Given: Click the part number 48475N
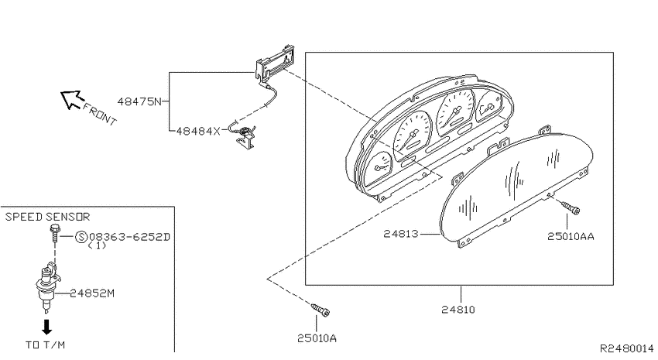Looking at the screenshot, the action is pyautogui.click(x=139, y=101).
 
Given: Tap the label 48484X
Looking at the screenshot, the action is pyautogui.click(x=198, y=132).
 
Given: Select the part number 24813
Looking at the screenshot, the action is pyautogui.click(x=401, y=233).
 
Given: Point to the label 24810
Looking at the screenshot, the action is pyautogui.click(x=458, y=310).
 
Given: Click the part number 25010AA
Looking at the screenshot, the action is pyautogui.click(x=571, y=237).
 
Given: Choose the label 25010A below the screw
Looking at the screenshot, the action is pyautogui.click(x=317, y=338).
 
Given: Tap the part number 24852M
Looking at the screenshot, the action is pyautogui.click(x=92, y=293).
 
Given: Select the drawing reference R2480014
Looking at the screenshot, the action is pyautogui.click(x=627, y=348).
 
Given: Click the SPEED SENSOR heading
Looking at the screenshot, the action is pyautogui.click(x=47, y=217).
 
